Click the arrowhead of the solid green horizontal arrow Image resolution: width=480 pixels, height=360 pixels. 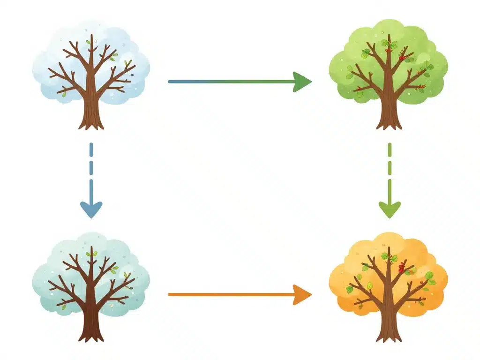click(x=302, y=82)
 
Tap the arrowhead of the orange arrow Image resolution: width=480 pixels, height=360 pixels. click(x=302, y=295)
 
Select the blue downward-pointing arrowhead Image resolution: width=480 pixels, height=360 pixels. click(x=91, y=209)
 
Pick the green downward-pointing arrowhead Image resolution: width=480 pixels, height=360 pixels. click(x=390, y=209)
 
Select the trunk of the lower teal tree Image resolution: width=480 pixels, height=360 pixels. click(x=91, y=323)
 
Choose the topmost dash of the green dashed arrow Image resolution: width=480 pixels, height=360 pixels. click(x=390, y=150)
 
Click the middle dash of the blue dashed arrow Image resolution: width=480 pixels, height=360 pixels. click(x=91, y=170)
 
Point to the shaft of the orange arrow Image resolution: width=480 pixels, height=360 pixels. click(x=230, y=295)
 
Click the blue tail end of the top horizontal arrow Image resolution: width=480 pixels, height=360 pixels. click(x=172, y=82)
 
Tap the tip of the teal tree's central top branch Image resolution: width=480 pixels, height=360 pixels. click(x=91, y=247)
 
